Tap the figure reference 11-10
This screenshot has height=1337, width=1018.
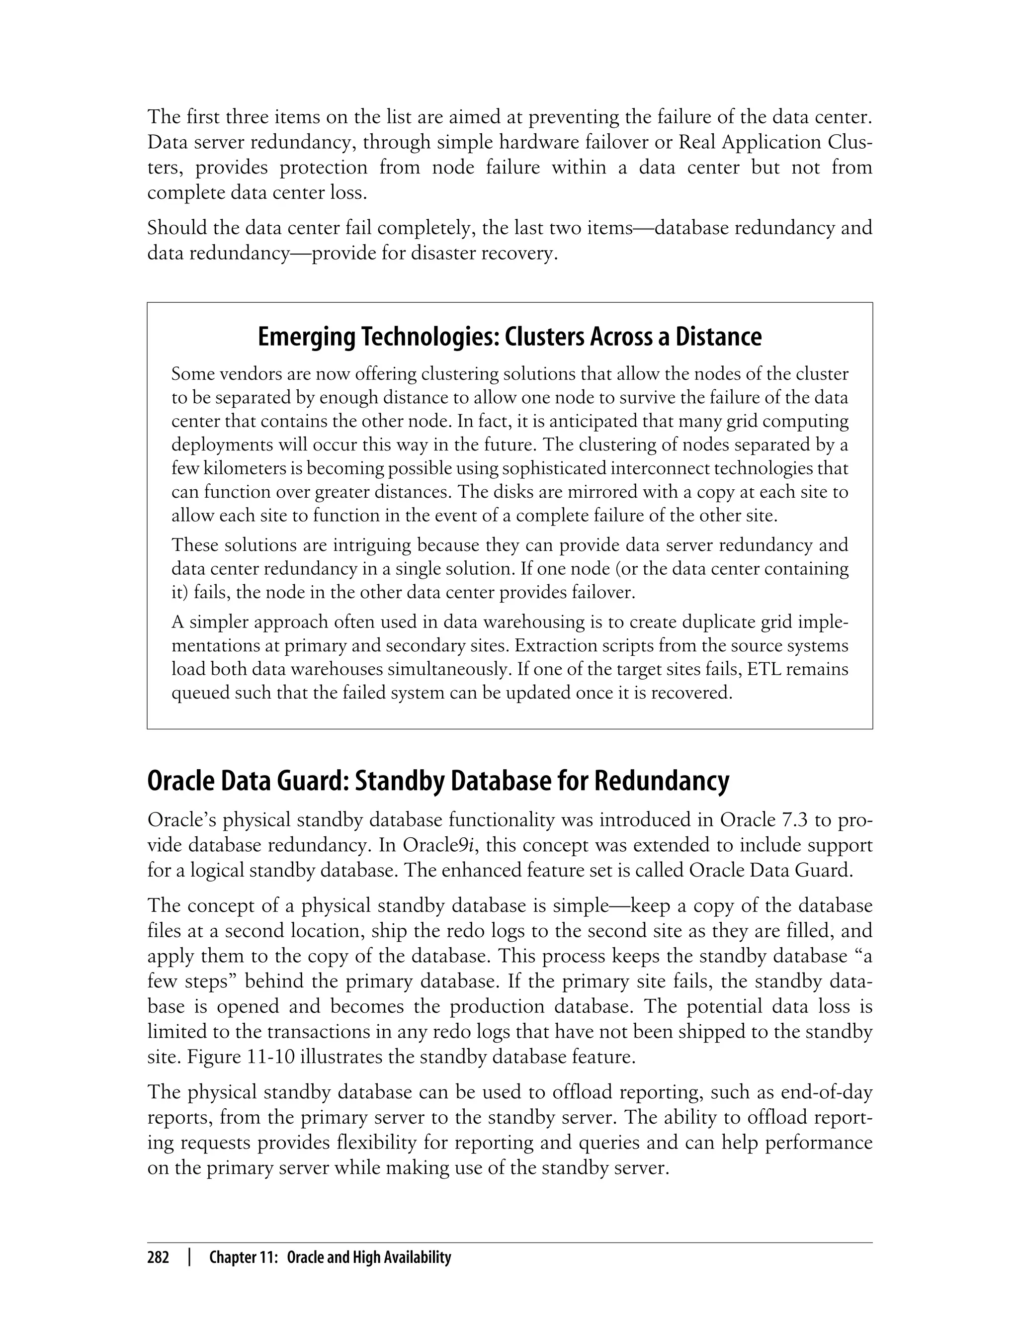click(x=271, y=1057)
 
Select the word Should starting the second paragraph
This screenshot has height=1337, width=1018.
click(x=176, y=229)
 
